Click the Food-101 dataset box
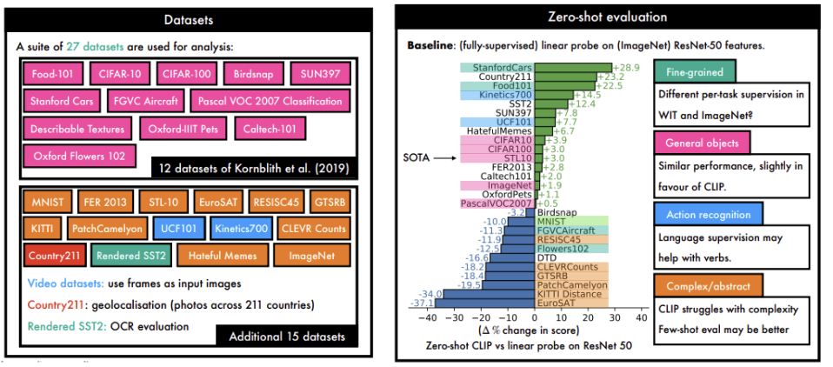tap(50, 74)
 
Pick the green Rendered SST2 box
tap(131, 256)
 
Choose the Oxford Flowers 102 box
tap(79, 157)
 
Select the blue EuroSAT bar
tap(487, 302)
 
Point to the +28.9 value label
tap(627, 67)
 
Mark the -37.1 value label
tap(421, 302)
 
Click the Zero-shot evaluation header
tap(607, 17)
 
